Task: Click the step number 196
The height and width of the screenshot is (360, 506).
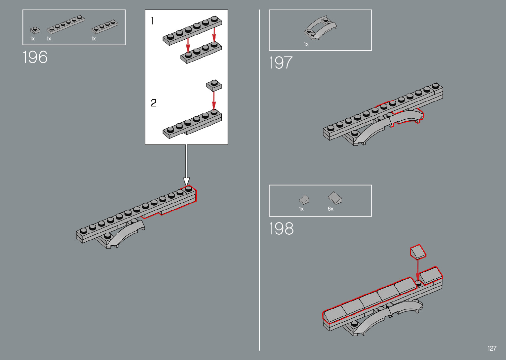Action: click(35, 57)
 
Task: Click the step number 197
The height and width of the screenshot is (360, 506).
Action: click(281, 62)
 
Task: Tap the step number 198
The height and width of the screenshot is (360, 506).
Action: click(281, 228)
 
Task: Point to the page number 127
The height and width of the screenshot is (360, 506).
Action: click(492, 348)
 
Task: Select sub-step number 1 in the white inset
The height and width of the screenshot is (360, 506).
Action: click(152, 21)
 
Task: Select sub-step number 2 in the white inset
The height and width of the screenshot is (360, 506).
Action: click(154, 103)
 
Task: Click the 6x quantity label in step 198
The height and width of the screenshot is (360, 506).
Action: click(331, 209)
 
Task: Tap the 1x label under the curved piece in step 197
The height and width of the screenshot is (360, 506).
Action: click(306, 44)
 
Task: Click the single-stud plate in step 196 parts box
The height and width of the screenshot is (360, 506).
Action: click(35, 30)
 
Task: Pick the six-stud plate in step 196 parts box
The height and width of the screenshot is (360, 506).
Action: click(65, 24)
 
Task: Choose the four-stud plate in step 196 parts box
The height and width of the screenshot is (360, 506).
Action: click(104, 27)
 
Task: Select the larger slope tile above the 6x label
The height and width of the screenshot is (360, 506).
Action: click(334, 198)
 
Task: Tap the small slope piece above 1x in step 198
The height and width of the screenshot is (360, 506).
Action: click(304, 199)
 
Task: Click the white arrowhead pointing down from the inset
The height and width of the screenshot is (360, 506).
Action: click(186, 181)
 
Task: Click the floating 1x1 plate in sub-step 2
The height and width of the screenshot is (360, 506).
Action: click(214, 85)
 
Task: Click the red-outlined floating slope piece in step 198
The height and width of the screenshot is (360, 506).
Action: click(418, 252)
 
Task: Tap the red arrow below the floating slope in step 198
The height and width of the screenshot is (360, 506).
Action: click(418, 269)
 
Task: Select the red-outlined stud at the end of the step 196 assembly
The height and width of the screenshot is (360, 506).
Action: click(188, 189)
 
